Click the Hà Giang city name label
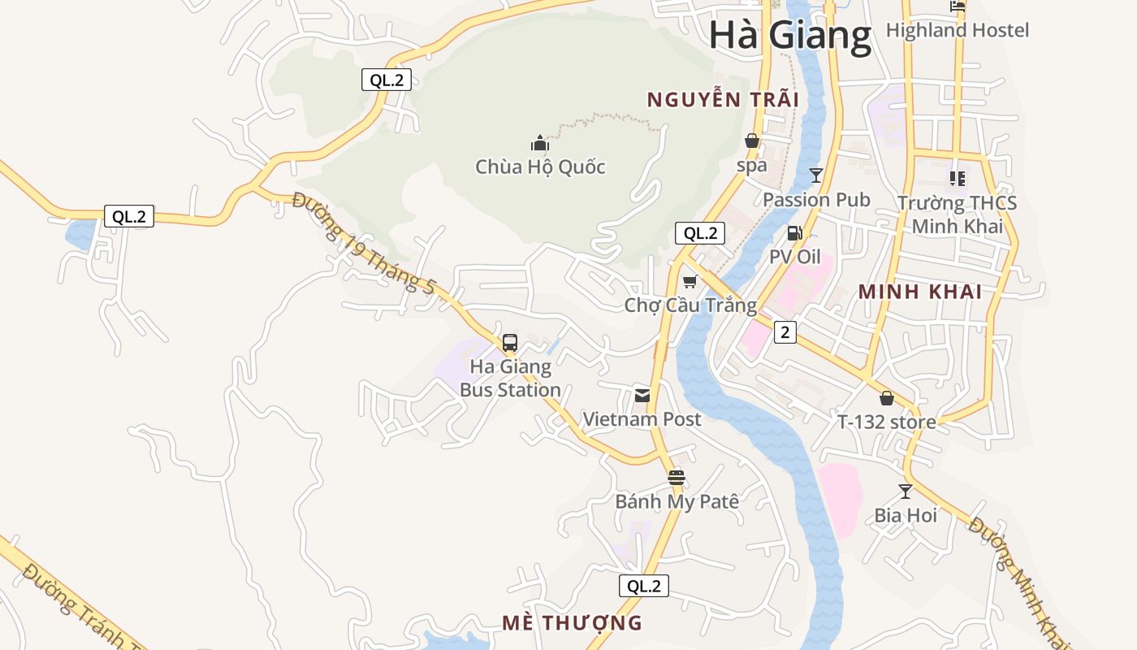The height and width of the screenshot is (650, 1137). point(789,36)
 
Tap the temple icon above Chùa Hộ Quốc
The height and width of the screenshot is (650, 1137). point(540,144)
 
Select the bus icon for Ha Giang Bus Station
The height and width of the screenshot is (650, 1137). point(510,343)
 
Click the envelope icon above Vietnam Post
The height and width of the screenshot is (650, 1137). point(642,396)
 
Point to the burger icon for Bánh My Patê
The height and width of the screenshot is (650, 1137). point(677,477)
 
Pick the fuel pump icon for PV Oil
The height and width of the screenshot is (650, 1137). point(795,233)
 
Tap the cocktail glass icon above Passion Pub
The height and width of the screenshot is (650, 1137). point(816,175)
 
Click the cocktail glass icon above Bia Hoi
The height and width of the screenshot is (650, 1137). point(906,491)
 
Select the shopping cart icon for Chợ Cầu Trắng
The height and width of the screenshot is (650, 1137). point(690,281)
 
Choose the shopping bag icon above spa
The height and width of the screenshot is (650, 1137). point(752,141)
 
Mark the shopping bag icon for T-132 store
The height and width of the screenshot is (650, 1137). point(887,398)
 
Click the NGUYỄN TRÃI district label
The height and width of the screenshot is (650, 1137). point(723,100)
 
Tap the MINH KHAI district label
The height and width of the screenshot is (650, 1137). point(920,292)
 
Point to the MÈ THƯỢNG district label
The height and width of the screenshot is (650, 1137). point(572,623)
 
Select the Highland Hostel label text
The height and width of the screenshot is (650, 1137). point(958,31)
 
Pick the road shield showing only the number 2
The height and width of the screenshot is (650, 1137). point(785,331)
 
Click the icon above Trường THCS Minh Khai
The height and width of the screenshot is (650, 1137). point(958,178)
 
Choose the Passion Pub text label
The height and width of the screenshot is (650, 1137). point(816,200)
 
